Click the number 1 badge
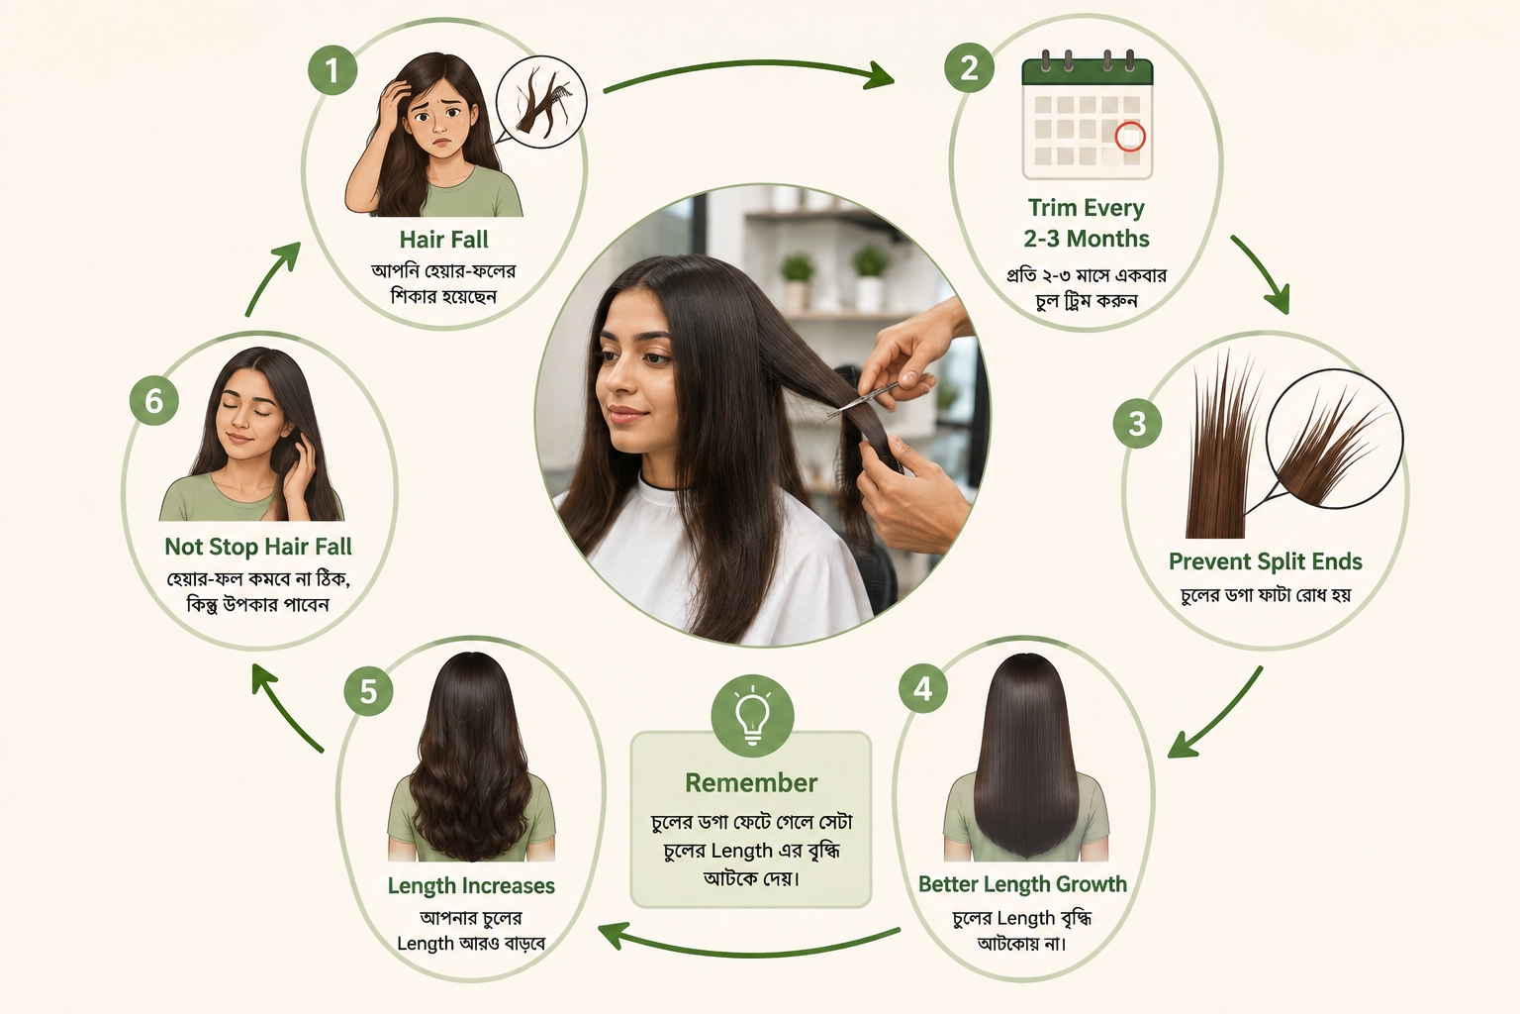coord(332,70)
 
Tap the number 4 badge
coord(923,688)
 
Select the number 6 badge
coord(154,401)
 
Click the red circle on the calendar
coord(1130,137)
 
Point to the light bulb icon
coord(752,716)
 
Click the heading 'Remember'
coord(751,782)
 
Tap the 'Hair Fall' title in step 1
coord(443,239)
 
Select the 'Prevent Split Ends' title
coord(1266,561)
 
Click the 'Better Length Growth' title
coord(1022,883)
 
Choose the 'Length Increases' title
coord(471,885)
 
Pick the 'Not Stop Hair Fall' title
coord(258,547)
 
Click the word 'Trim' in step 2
coord(1053,207)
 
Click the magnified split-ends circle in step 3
coord(1334,440)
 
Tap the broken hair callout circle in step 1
coord(541,102)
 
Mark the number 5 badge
coord(368,691)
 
